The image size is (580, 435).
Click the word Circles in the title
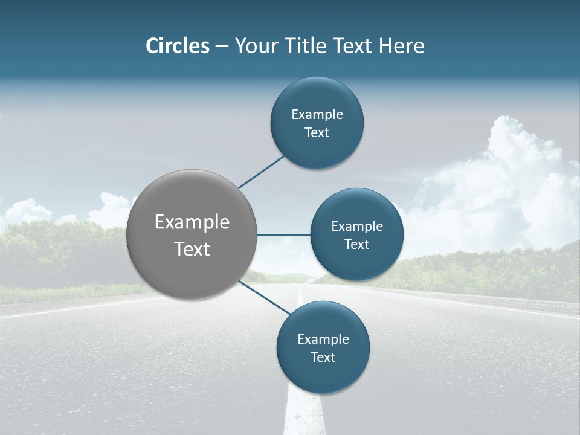click(x=177, y=46)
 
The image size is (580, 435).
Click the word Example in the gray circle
click(x=192, y=222)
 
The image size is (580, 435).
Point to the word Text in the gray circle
click(x=192, y=249)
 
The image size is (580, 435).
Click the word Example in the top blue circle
click(x=317, y=115)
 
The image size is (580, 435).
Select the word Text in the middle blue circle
click(x=356, y=245)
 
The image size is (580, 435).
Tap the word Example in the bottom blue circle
click(x=323, y=340)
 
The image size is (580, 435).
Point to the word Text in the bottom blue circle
click(x=323, y=358)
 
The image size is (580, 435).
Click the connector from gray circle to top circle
click(x=262, y=172)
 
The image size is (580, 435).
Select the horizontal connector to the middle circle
click(x=284, y=234)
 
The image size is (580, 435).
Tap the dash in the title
click(x=221, y=47)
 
